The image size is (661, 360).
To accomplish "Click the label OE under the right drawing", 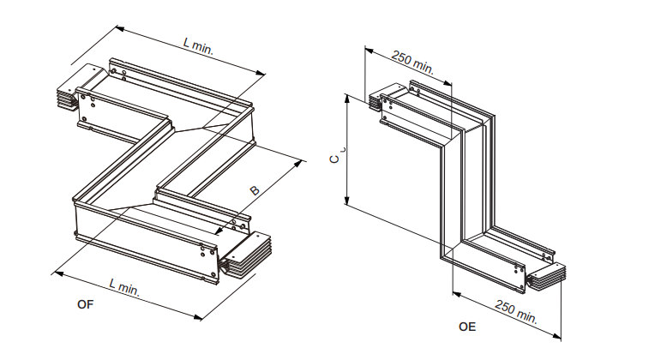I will click(x=466, y=327).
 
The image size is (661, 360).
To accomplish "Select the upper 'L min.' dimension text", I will click(x=198, y=46).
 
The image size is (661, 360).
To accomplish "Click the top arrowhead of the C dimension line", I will click(x=347, y=98).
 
